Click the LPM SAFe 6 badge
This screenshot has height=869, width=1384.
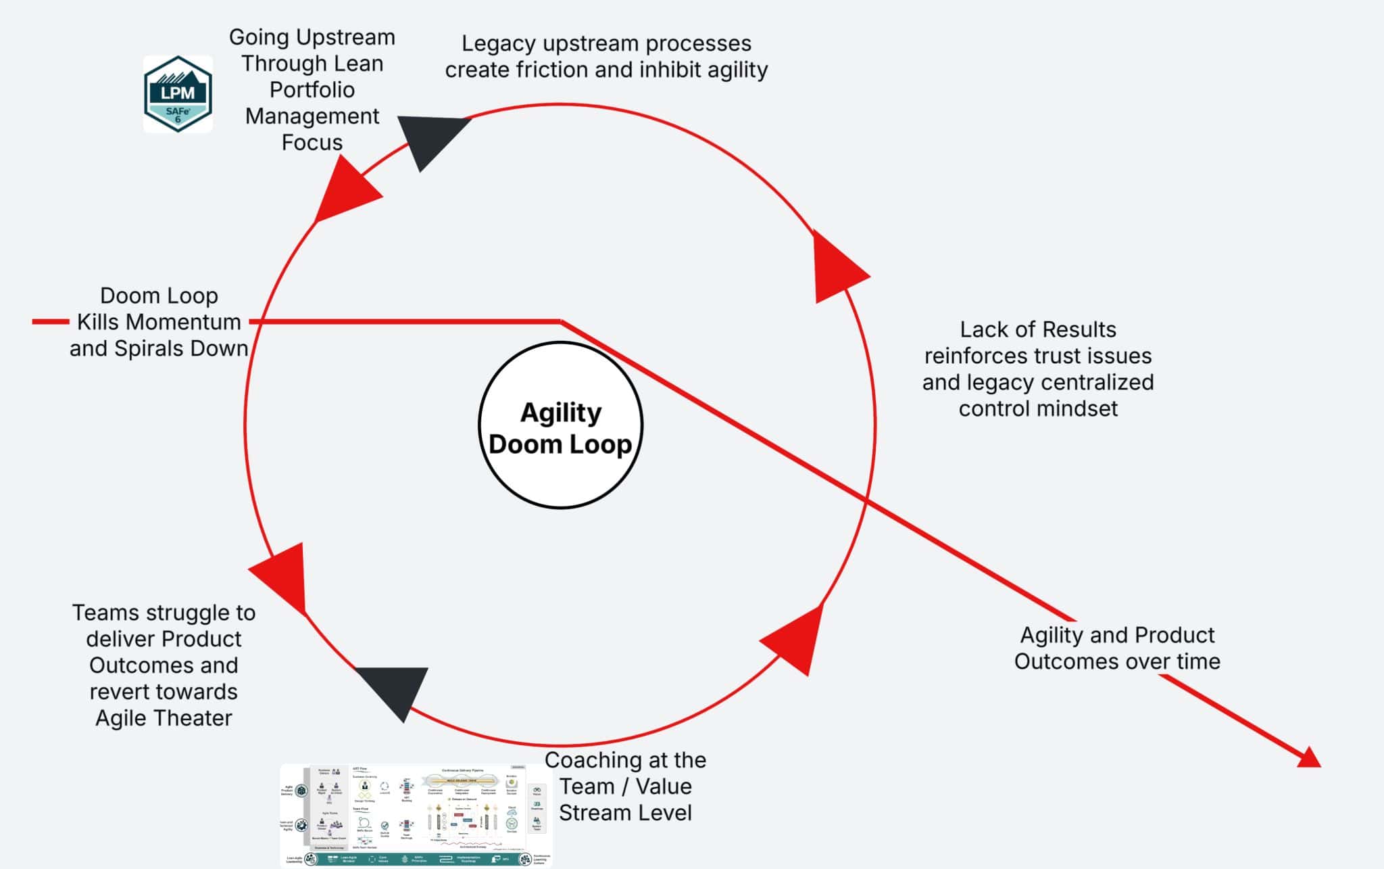pos(178,94)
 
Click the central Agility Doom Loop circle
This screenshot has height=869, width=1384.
pos(560,425)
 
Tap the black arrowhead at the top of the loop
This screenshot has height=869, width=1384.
pos(430,138)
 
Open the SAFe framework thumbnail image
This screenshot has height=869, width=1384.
pos(416,816)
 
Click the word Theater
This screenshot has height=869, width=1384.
pos(194,718)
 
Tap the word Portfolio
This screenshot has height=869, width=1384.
pos(312,90)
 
